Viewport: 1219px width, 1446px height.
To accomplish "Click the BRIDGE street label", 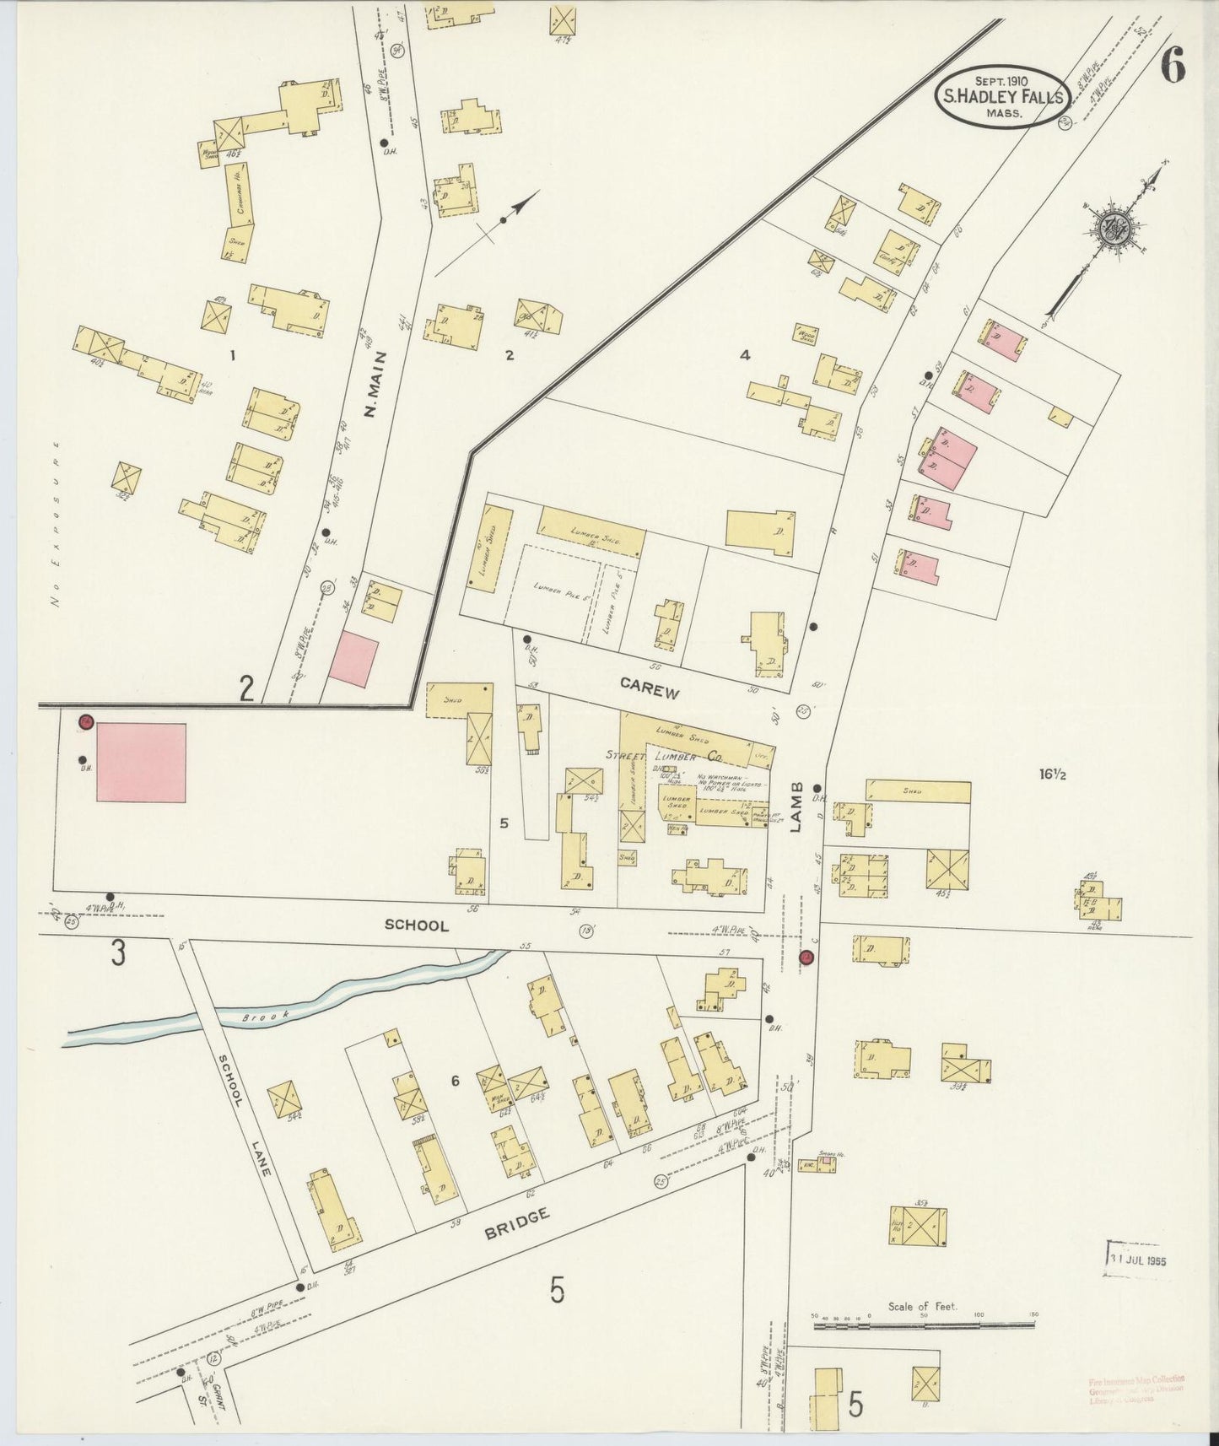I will pyautogui.click(x=517, y=1222).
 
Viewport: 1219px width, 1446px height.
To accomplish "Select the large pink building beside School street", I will pyautogui.click(x=141, y=762).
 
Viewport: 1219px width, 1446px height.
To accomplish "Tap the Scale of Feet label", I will pyautogui.click(x=922, y=1306).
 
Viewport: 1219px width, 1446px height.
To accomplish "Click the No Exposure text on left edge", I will pyautogui.click(x=57, y=523).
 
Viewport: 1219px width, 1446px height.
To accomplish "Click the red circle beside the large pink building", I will pyautogui.click(x=85, y=722).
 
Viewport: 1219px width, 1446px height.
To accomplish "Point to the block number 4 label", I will pyautogui.click(x=744, y=355).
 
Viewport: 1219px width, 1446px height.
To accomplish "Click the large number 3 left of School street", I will pyautogui.click(x=118, y=953).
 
